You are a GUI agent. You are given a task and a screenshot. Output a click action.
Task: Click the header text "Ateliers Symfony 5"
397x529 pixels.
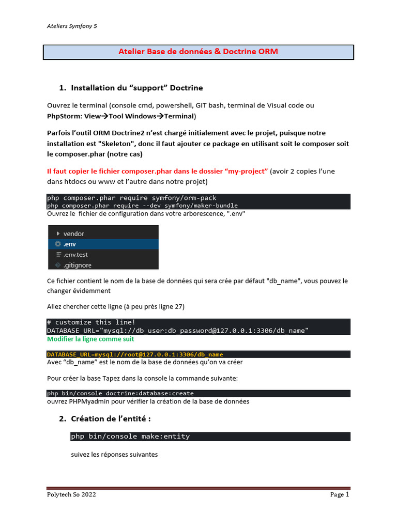(72, 26)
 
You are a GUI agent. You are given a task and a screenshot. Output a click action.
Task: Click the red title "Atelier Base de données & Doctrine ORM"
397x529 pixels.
(198, 52)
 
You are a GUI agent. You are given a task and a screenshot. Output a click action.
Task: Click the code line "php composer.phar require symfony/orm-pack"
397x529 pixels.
(132, 198)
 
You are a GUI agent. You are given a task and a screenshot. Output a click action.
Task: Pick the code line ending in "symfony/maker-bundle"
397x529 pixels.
(142, 205)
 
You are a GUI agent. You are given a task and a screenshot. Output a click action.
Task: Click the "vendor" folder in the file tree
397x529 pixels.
(73, 234)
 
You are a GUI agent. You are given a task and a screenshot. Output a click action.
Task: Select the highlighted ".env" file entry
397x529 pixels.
(70, 244)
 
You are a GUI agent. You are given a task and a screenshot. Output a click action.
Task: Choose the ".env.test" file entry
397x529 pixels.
(75, 255)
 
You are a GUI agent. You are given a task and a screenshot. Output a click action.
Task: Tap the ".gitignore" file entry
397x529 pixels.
(77, 265)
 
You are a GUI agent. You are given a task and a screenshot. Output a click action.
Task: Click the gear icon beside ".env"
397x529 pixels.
(58, 244)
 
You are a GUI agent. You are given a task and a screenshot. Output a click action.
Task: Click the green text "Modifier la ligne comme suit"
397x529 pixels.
(90, 339)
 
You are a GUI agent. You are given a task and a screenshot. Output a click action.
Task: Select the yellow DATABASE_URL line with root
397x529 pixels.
(135, 354)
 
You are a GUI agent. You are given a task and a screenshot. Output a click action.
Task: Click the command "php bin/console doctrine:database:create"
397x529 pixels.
(120, 393)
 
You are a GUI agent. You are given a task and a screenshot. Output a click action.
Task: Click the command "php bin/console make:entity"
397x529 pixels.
(130, 437)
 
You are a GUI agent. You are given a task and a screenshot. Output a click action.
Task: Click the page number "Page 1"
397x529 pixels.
(340, 494)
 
